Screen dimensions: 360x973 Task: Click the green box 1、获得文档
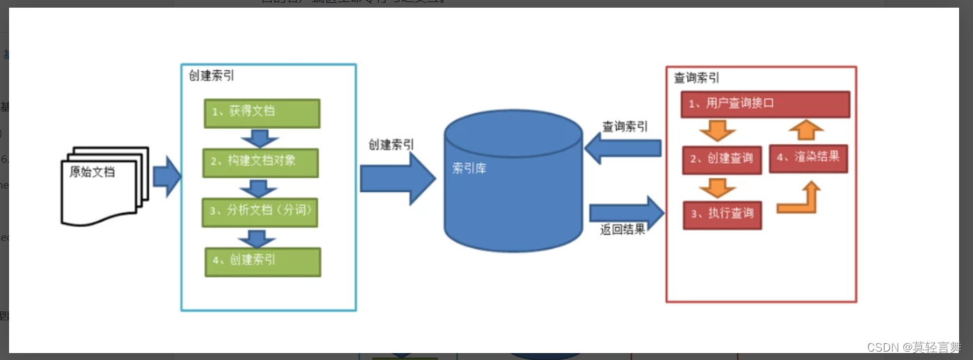(262, 113)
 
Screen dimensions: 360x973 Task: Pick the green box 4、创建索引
(263, 262)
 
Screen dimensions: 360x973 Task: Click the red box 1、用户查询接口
(765, 104)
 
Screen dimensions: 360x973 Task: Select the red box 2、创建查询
(722, 159)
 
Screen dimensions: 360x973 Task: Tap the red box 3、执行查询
(722, 214)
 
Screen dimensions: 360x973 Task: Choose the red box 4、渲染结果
(808, 157)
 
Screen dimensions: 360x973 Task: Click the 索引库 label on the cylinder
(469, 169)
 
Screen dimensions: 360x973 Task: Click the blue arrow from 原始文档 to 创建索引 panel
(166, 177)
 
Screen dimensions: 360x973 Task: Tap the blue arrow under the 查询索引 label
(623, 148)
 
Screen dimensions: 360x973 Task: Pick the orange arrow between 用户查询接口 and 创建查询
(717, 130)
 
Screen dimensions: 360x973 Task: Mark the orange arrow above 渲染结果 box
(807, 130)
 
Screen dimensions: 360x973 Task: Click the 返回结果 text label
(623, 230)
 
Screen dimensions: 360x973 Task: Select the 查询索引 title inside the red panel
(696, 79)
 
